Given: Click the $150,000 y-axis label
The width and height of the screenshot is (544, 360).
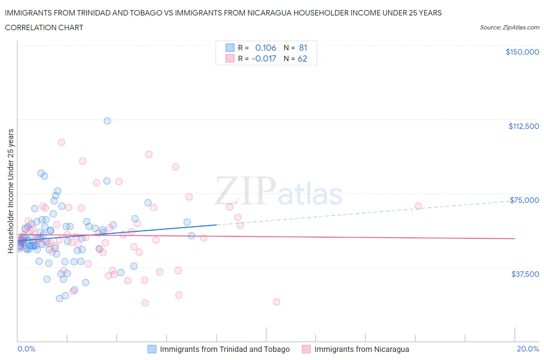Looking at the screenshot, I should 522,52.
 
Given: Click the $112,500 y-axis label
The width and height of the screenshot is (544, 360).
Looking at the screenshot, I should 523,126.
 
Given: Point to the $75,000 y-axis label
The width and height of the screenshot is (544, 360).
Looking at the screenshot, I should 524,200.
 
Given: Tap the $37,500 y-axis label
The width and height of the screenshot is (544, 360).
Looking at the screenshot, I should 525,274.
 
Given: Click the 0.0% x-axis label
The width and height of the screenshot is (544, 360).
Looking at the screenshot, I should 26,349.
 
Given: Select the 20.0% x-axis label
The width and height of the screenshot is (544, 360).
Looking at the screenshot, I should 528,349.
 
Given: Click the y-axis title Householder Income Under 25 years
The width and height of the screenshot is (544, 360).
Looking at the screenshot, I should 10,191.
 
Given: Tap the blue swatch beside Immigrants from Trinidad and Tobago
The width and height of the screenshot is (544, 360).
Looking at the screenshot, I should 152,349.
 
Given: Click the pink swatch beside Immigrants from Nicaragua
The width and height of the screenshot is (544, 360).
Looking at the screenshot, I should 306,349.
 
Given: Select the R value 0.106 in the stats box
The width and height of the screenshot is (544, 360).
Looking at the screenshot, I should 265,48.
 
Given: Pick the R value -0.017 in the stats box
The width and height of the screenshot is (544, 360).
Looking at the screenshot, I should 264,58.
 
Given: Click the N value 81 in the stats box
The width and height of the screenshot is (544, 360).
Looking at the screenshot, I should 303,48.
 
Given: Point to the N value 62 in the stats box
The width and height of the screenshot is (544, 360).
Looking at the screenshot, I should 302,58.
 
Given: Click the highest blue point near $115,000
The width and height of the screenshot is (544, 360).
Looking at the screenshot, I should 107,121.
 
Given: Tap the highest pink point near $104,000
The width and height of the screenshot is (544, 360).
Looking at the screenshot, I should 61,142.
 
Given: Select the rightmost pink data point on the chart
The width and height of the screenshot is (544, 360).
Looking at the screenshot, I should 418,206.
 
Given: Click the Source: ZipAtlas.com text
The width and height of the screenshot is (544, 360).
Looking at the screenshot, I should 509,27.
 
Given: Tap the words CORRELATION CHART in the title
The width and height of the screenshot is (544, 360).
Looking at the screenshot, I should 44,27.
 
